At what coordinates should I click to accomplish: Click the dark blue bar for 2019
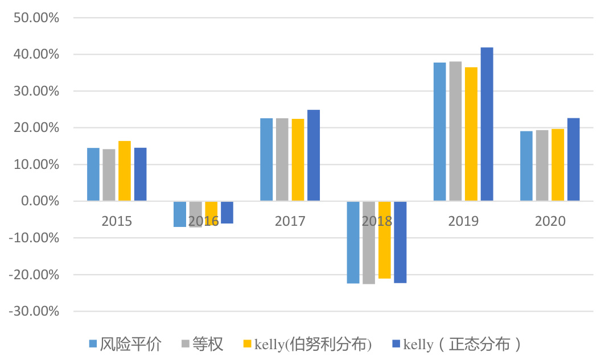[487, 124]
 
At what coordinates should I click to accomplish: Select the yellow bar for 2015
[125, 171]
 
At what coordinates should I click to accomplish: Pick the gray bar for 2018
[369, 242]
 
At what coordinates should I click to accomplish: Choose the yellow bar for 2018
[384, 239]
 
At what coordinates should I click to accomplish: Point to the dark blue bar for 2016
[227, 212]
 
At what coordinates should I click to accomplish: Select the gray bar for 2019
[455, 131]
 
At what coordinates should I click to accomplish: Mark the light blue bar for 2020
[526, 166]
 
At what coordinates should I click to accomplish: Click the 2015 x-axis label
[117, 221]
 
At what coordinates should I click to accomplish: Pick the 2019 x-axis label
[463, 221]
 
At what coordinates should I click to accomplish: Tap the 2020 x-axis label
[550, 221]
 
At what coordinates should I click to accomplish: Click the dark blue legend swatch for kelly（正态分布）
[397, 344]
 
